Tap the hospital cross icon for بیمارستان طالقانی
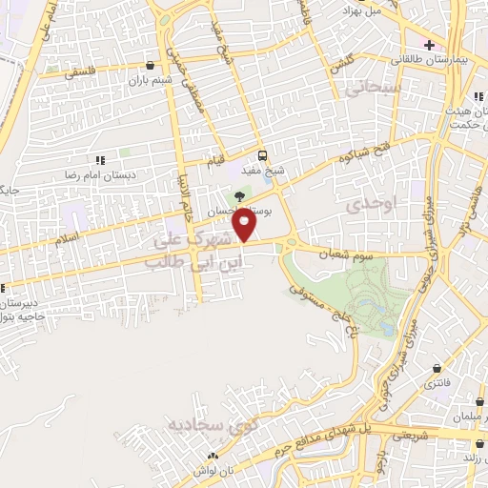pyautogui.click(x=430, y=44)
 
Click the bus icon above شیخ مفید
pyautogui.click(x=263, y=156)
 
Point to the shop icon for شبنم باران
pyautogui.click(x=151, y=66)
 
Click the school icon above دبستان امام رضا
pyautogui.click(x=100, y=160)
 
